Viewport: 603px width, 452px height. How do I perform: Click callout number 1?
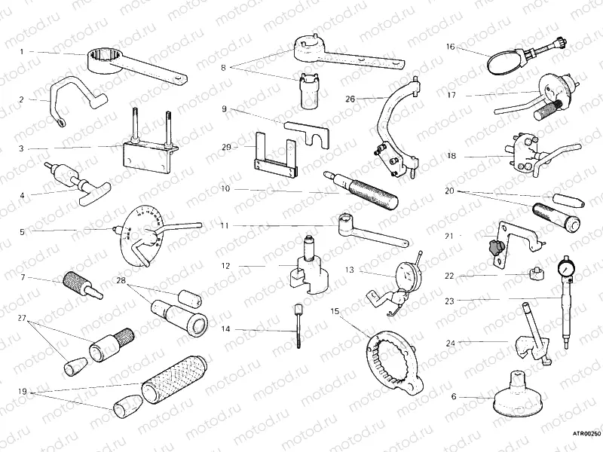coord(22,51)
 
